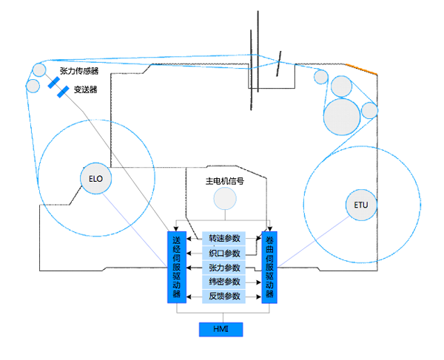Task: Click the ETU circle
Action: (x=360, y=205)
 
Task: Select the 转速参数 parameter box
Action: (x=224, y=238)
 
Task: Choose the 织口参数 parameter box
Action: (x=224, y=253)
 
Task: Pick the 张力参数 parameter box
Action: (x=224, y=268)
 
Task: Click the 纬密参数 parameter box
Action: (x=224, y=282)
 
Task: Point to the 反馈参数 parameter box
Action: (x=224, y=296)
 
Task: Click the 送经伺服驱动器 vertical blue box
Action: (x=176, y=266)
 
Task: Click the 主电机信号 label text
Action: (x=224, y=180)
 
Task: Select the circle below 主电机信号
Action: (x=224, y=198)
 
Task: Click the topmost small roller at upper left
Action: (x=38, y=71)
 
